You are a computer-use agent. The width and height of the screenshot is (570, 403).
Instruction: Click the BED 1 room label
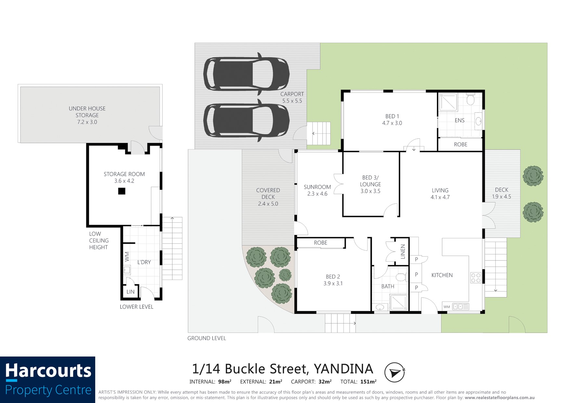[x=392, y=120]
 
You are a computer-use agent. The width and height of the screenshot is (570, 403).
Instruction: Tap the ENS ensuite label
[x=460, y=120]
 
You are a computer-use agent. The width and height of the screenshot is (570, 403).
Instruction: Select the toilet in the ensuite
[x=470, y=99]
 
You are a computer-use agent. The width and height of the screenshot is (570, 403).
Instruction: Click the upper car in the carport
[x=246, y=74]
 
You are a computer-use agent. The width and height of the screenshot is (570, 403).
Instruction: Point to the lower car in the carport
[x=246, y=120]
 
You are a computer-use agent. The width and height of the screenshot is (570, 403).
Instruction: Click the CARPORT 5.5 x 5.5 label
[x=292, y=97]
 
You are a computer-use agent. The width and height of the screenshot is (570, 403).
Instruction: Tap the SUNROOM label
[x=317, y=190]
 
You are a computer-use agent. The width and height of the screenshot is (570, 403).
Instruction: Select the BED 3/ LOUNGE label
[x=370, y=184]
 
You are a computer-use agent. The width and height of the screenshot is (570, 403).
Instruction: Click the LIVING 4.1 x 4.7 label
[x=440, y=194]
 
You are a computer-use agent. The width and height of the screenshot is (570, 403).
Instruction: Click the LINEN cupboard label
[x=403, y=252]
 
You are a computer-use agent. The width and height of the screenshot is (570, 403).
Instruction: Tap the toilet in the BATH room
[x=401, y=277]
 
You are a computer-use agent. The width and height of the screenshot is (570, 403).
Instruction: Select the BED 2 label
[x=333, y=280]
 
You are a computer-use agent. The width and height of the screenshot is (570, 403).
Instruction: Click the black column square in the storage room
[x=122, y=191]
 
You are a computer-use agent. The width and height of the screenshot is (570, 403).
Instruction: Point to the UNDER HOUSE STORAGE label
[x=87, y=115]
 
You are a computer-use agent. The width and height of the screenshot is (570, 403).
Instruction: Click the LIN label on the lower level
[x=130, y=292]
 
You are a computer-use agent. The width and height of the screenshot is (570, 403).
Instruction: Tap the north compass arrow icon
[x=395, y=372]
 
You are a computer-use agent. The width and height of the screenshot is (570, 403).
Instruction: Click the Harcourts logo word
[x=48, y=371]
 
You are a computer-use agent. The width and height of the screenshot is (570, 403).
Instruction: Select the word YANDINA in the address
[x=343, y=369]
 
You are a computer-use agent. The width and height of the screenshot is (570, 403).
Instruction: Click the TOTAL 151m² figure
[x=358, y=382]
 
